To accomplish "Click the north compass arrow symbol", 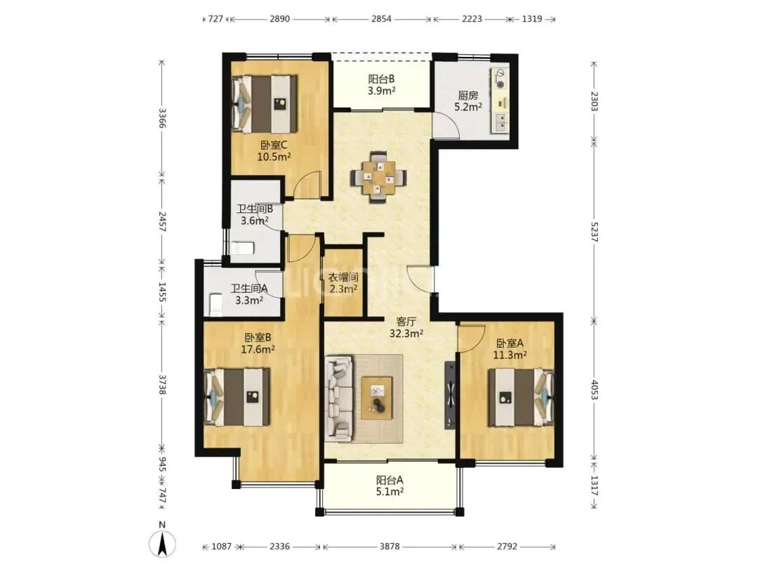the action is (162, 543).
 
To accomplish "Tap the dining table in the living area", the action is (379, 177).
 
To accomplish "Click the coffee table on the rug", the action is (377, 397).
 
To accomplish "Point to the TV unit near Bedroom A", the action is (450, 394).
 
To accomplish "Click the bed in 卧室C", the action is (264, 103).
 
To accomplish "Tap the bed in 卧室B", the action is (237, 397).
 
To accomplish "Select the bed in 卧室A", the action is (521, 398).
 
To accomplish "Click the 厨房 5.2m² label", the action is (468, 101).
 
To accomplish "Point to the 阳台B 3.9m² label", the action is (382, 84).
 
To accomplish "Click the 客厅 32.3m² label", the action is (406, 327).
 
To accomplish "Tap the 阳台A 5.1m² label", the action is (390, 486).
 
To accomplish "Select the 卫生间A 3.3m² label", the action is (249, 294).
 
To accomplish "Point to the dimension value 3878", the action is (390, 547).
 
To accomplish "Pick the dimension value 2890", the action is (279, 19).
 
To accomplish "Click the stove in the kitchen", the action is (500, 79).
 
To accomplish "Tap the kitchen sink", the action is (500, 122).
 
